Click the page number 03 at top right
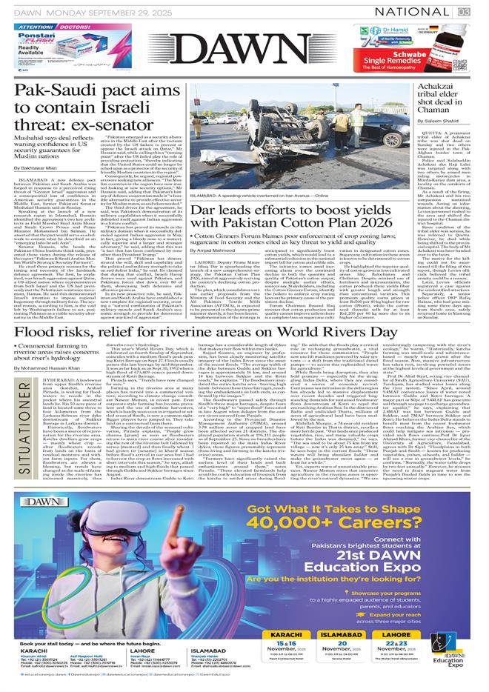click(472, 11)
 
